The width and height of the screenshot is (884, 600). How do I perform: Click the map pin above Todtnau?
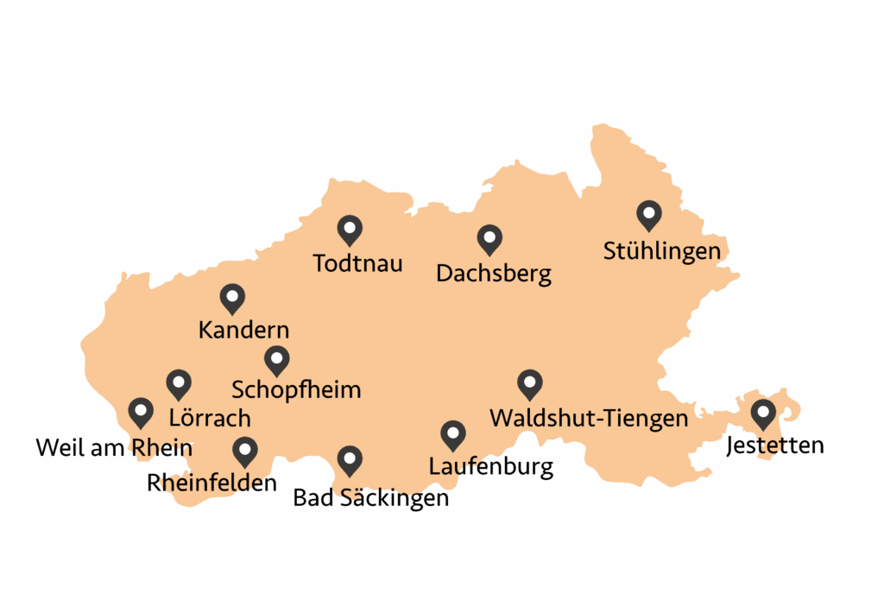[349, 230]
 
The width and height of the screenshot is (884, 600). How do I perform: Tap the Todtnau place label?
[357, 262]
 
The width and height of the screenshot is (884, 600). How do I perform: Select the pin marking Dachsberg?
[489, 240]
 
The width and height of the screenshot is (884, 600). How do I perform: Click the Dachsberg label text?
[493, 274]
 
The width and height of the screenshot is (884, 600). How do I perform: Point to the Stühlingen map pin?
[648, 214]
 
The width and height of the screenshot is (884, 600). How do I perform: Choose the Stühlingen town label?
[661, 251]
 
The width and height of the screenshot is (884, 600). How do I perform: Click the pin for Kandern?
[232, 298]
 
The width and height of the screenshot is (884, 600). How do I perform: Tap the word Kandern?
[243, 330]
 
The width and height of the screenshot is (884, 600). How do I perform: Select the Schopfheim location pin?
[276, 359]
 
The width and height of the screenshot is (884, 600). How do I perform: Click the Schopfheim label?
[296, 389]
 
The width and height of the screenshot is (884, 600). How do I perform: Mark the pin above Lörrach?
[179, 383]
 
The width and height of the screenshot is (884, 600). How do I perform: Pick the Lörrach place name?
[209, 419]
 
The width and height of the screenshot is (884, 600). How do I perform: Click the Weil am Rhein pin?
[140, 413]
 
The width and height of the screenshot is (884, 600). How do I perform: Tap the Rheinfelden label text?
[212, 482]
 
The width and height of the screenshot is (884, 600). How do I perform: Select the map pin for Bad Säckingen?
[349, 460]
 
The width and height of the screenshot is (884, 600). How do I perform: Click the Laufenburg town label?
[490, 467]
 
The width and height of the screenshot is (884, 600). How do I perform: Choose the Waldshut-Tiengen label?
[589, 419]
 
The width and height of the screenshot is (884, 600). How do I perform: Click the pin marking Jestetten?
[762, 414]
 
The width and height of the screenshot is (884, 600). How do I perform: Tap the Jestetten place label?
[774, 445]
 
